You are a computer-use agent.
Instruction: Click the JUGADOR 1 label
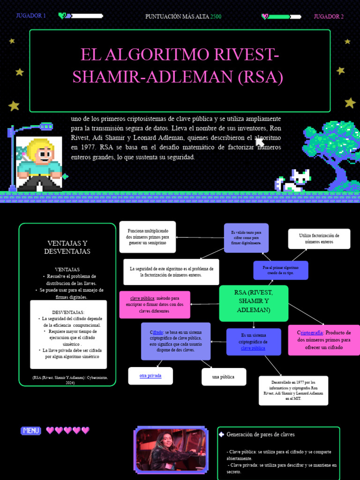(x=31, y=16)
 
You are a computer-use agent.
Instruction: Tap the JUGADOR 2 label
(x=329, y=16)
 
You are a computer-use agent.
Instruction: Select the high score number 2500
(x=216, y=16)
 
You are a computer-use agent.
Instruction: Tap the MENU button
(x=31, y=430)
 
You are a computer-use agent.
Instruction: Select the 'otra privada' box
(x=150, y=375)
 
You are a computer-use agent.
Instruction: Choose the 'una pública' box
(x=223, y=376)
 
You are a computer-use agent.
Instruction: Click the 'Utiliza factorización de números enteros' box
(x=319, y=239)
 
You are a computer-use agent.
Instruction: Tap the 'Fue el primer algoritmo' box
(x=281, y=270)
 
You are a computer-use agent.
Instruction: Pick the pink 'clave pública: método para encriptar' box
(x=155, y=304)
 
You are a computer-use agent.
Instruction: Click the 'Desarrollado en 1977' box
(x=293, y=390)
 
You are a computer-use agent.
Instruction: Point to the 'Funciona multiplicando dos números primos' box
(x=148, y=237)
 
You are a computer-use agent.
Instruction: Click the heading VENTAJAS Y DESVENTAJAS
(x=67, y=247)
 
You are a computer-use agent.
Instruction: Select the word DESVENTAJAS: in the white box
(x=68, y=312)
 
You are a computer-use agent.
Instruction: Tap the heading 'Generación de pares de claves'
(x=261, y=435)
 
